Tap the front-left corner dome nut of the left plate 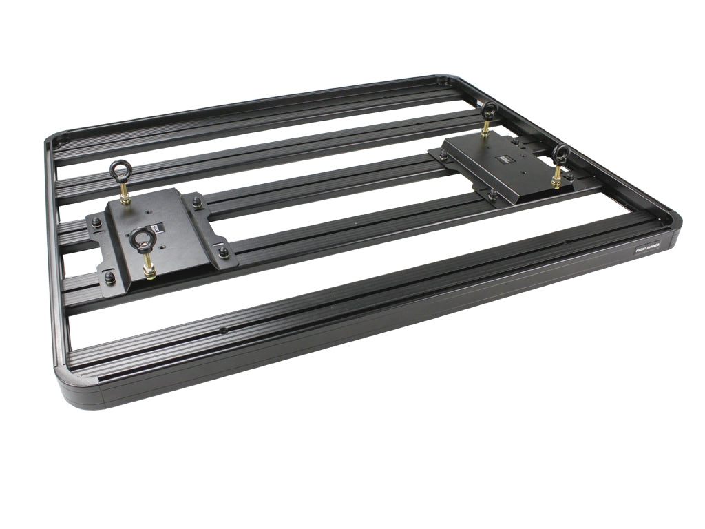click(x=109, y=277)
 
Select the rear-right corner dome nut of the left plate click(x=198, y=203)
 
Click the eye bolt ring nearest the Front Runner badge click(x=560, y=153)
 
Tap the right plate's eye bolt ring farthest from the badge click(x=490, y=109)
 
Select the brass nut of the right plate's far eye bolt click(x=486, y=132)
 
